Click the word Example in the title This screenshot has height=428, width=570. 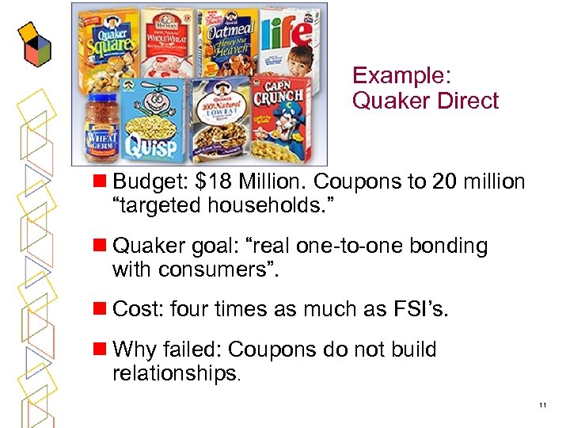click(401, 75)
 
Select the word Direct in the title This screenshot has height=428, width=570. click(469, 101)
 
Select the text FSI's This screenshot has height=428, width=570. click(419, 310)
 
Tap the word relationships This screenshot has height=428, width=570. click(173, 373)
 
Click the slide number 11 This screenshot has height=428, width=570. click(542, 406)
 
